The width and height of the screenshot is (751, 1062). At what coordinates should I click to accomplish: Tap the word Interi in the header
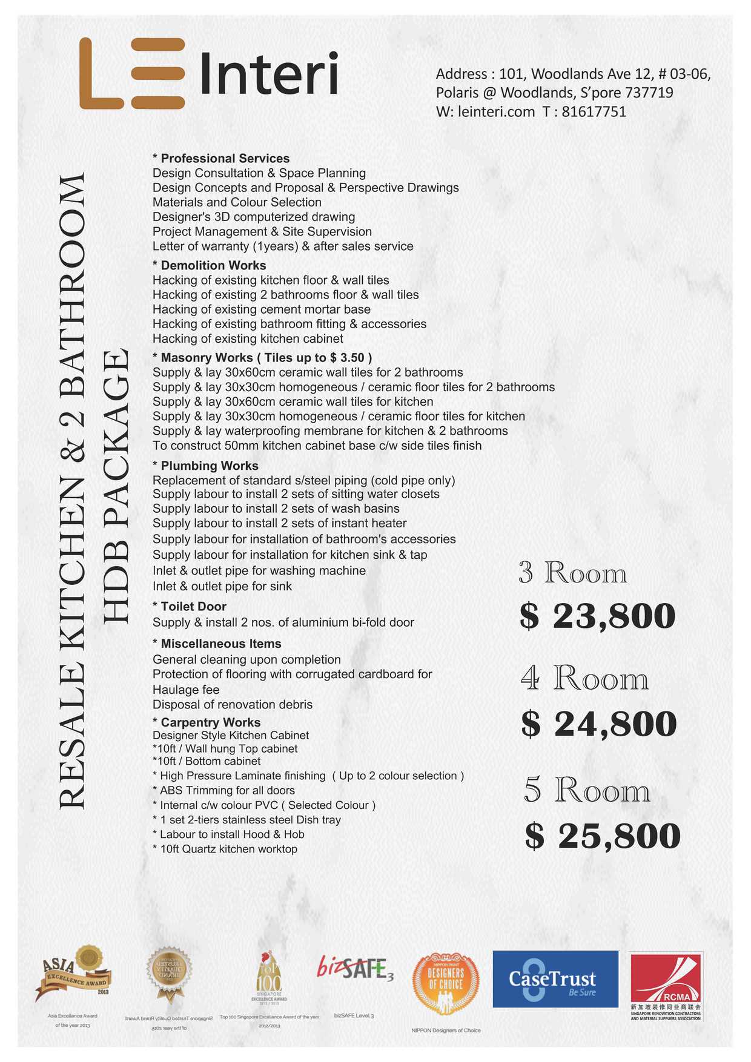coord(268,74)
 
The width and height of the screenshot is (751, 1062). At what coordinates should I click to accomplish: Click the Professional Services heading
coord(225,159)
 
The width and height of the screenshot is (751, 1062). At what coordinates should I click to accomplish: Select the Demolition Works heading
coord(213,265)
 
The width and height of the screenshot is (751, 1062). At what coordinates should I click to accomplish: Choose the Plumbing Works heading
coord(209,466)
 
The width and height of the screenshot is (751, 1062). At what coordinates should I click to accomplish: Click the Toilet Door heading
coord(193,607)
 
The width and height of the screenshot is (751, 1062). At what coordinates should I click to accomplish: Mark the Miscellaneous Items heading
coord(220,644)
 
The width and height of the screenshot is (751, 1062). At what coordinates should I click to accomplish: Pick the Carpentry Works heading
coord(210,722)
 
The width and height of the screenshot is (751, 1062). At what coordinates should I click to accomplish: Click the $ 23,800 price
coord(597,616)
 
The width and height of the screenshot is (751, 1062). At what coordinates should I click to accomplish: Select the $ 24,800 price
coord(598,724)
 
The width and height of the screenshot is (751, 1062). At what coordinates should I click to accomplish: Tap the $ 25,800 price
coord(603,836)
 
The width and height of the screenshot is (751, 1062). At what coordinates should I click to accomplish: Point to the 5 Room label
coord(587,790)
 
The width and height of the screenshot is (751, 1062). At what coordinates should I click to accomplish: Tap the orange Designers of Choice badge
coord(446,982)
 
